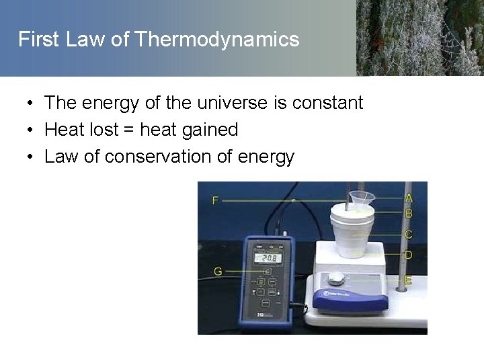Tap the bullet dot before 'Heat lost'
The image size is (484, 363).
tap(31, 130)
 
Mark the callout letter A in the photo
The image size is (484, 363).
tap(409, 198)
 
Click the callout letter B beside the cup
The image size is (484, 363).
tap(409, 213)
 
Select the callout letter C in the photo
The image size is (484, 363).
tap(408, 235)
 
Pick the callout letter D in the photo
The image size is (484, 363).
tap(408, 255)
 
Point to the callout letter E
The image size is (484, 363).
tap(408, 280)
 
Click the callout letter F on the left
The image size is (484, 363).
tap(216, 200)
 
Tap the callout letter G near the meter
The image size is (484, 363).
tap(218, 272)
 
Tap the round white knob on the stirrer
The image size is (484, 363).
tap(336, 278)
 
